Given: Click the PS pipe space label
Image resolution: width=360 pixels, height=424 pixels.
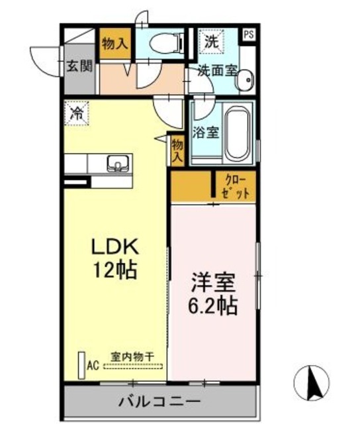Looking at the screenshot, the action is tap(249, 34).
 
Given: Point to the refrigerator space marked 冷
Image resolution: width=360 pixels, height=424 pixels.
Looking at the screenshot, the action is tap(76, 113).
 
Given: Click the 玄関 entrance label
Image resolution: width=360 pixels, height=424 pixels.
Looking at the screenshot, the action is tap(79, 66).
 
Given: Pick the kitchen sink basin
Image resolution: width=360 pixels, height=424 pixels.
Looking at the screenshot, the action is tap(118, 164).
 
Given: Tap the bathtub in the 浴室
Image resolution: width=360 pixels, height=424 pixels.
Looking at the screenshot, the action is tap(238, 134).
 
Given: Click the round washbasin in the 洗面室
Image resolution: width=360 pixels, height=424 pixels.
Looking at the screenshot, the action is tap(246, 79).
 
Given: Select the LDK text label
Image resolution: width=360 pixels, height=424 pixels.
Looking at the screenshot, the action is tap(115, 246).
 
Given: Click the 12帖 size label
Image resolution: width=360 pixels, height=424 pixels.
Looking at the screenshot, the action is tap(114, 270).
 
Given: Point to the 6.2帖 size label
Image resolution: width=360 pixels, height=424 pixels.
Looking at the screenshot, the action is tap(213, 306).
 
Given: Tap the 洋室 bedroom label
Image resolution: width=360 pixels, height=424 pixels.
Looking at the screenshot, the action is tap(213, 283).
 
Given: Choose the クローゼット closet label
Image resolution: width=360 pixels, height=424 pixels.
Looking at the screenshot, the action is tap(235, 186).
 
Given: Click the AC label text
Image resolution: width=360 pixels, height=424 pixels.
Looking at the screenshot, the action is tap(93, 366).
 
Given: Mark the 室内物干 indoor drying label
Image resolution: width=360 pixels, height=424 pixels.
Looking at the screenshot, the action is tap(132, 357).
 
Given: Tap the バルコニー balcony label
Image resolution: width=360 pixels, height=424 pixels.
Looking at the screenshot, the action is tap(159, 401).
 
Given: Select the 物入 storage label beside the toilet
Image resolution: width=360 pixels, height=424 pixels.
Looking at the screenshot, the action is tap(115, 43).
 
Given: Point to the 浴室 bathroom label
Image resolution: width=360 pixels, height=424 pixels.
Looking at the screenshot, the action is tap(206, 132).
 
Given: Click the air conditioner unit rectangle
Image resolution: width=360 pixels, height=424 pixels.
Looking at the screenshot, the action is tap(81, 365).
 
